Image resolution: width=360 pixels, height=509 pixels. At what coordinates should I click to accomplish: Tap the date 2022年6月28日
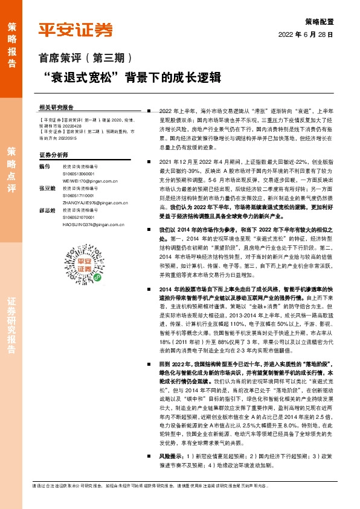[306, 34]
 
